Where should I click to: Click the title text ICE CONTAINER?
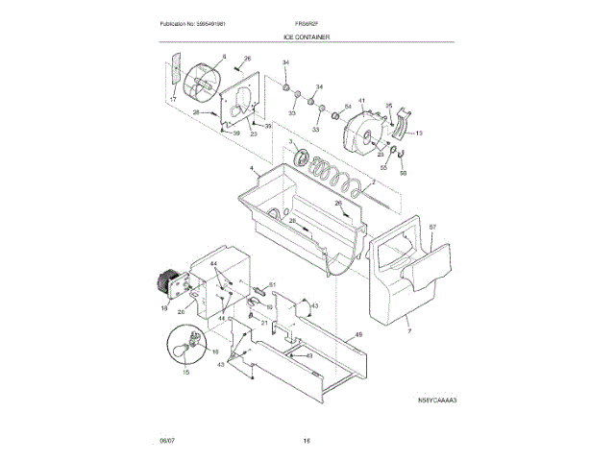coord(307,36)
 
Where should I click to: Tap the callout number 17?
coord(172,101)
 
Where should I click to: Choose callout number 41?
coord(362,101)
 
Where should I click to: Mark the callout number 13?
coord(419,132)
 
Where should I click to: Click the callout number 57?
coord(432,228)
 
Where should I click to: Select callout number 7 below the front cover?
coord(407,329)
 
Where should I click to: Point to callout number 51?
coord(272,284)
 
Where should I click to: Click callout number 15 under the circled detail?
coord(186,372)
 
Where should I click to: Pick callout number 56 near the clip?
coord(404,175)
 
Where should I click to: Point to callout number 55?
coord(383,168)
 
